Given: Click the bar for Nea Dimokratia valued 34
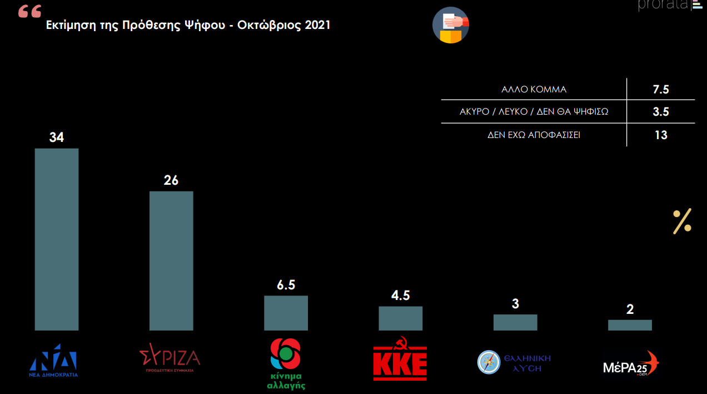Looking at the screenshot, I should (x=56, y=239).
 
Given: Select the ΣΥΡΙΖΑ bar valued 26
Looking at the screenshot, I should (x=171, y=261).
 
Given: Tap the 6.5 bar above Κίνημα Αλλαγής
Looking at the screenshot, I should (x=286, y=313).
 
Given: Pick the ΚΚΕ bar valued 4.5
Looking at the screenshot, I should (x=400, y=318).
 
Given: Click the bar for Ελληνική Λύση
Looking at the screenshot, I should (x=515, y=322).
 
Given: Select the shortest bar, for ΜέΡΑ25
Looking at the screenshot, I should (x=630, y=325).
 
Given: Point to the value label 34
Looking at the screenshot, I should (x=56, y=137).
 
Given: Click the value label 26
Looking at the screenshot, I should (x=171, y=180).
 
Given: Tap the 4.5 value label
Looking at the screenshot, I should (x=400, y=295).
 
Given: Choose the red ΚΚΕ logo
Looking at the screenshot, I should (x=400, y=359).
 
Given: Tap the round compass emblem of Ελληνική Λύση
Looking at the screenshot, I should (x=489, y=362).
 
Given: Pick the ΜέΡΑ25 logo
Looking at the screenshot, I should (x=631, y=364).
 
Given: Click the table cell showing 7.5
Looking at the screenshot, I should (x=660, y=89).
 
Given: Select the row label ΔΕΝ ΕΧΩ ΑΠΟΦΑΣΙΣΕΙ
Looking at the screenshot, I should (x=534, y=135).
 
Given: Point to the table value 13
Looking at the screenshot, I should (x=660, y=135).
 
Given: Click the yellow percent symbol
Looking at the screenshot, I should (x=682, y=221).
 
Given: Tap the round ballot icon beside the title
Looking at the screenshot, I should (x=451, y=25).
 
